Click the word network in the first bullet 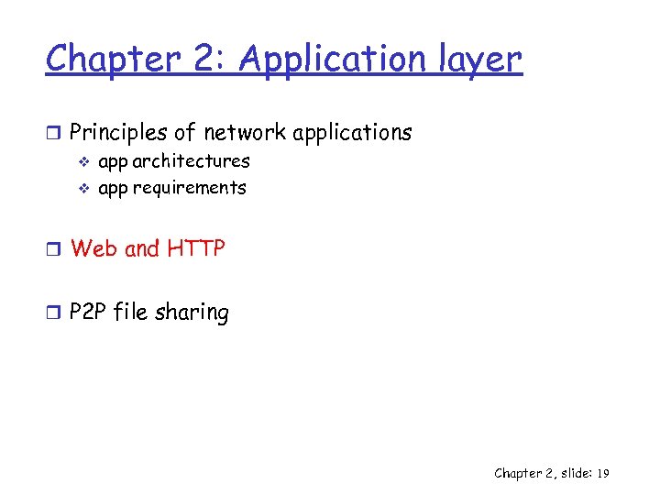click(x=245, y=133)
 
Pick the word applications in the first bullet click(x=352, y=133)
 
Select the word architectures click(x=191, y=161)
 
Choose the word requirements click(x=189, y=188)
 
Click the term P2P click(x=89, y=313)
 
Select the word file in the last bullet click(x=131, y=313)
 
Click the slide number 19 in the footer click(x=602, y=474)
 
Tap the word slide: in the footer click(x=570, y=474)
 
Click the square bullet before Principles click(x=54, y=134)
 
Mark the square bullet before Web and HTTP click(x=54, y=249)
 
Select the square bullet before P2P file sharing click(x=54, y=313)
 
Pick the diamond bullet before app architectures click(x=82, y=162)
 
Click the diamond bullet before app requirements click(x=82, y=189)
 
